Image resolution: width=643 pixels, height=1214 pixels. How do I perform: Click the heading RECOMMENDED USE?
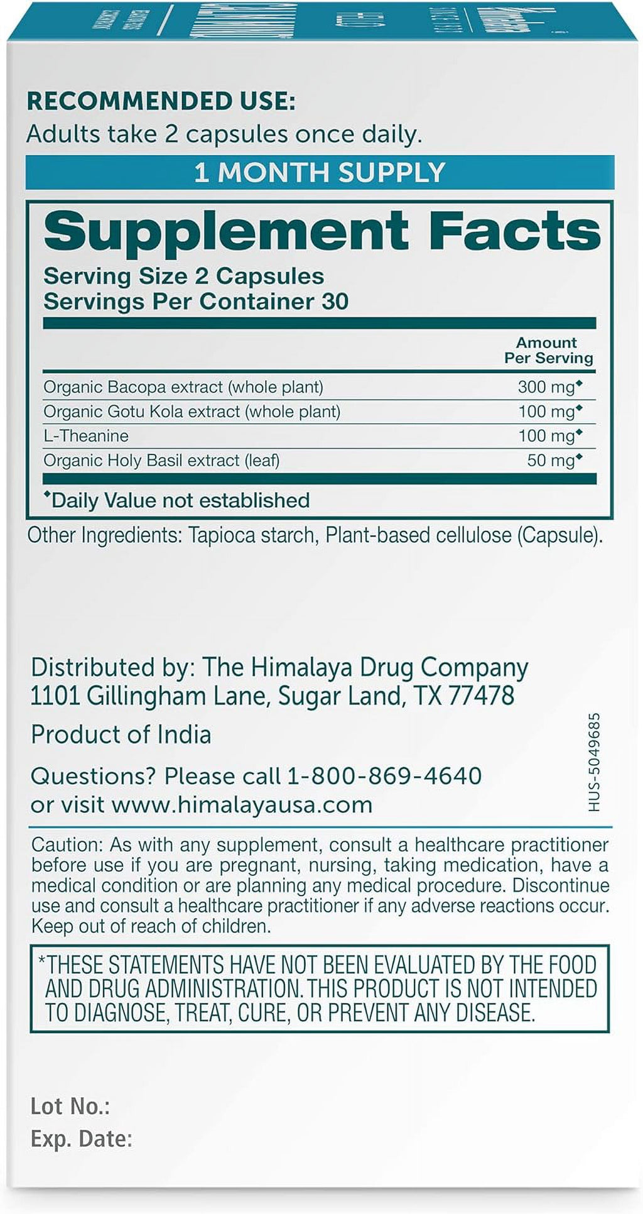pyautogui.click(x=161, y=101)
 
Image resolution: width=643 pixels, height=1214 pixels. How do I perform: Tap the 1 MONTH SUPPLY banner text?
pyautogui.click(x=320, y=173)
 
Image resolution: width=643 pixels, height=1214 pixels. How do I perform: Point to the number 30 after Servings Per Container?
pyautogui.click(x=335, y=302)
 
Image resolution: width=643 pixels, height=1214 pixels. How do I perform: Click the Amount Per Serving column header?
pyautogui.click(x=548, y=351)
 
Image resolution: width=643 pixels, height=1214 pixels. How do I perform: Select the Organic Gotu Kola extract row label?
pyautogui.click(x=192, y=412)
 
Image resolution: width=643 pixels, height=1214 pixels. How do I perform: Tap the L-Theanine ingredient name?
pyautogui.click(x=86, y=436)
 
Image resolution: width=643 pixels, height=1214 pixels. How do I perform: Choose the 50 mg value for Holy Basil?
pyautogui.click(x=551, y=461)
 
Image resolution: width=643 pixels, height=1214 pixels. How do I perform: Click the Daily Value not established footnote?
pyautogui.click(x=178, y=500)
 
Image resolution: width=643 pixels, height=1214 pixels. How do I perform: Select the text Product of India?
pyautogui.click(x=121, y=735)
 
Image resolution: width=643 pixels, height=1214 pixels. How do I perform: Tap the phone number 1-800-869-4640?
pyautogui.click(x=384, y=776)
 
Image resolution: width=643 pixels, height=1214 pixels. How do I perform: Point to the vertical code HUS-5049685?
pyautogui.click(x=594, y=762)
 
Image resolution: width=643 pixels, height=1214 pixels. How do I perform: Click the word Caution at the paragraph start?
pyautogui.click(x=66, y=845)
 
